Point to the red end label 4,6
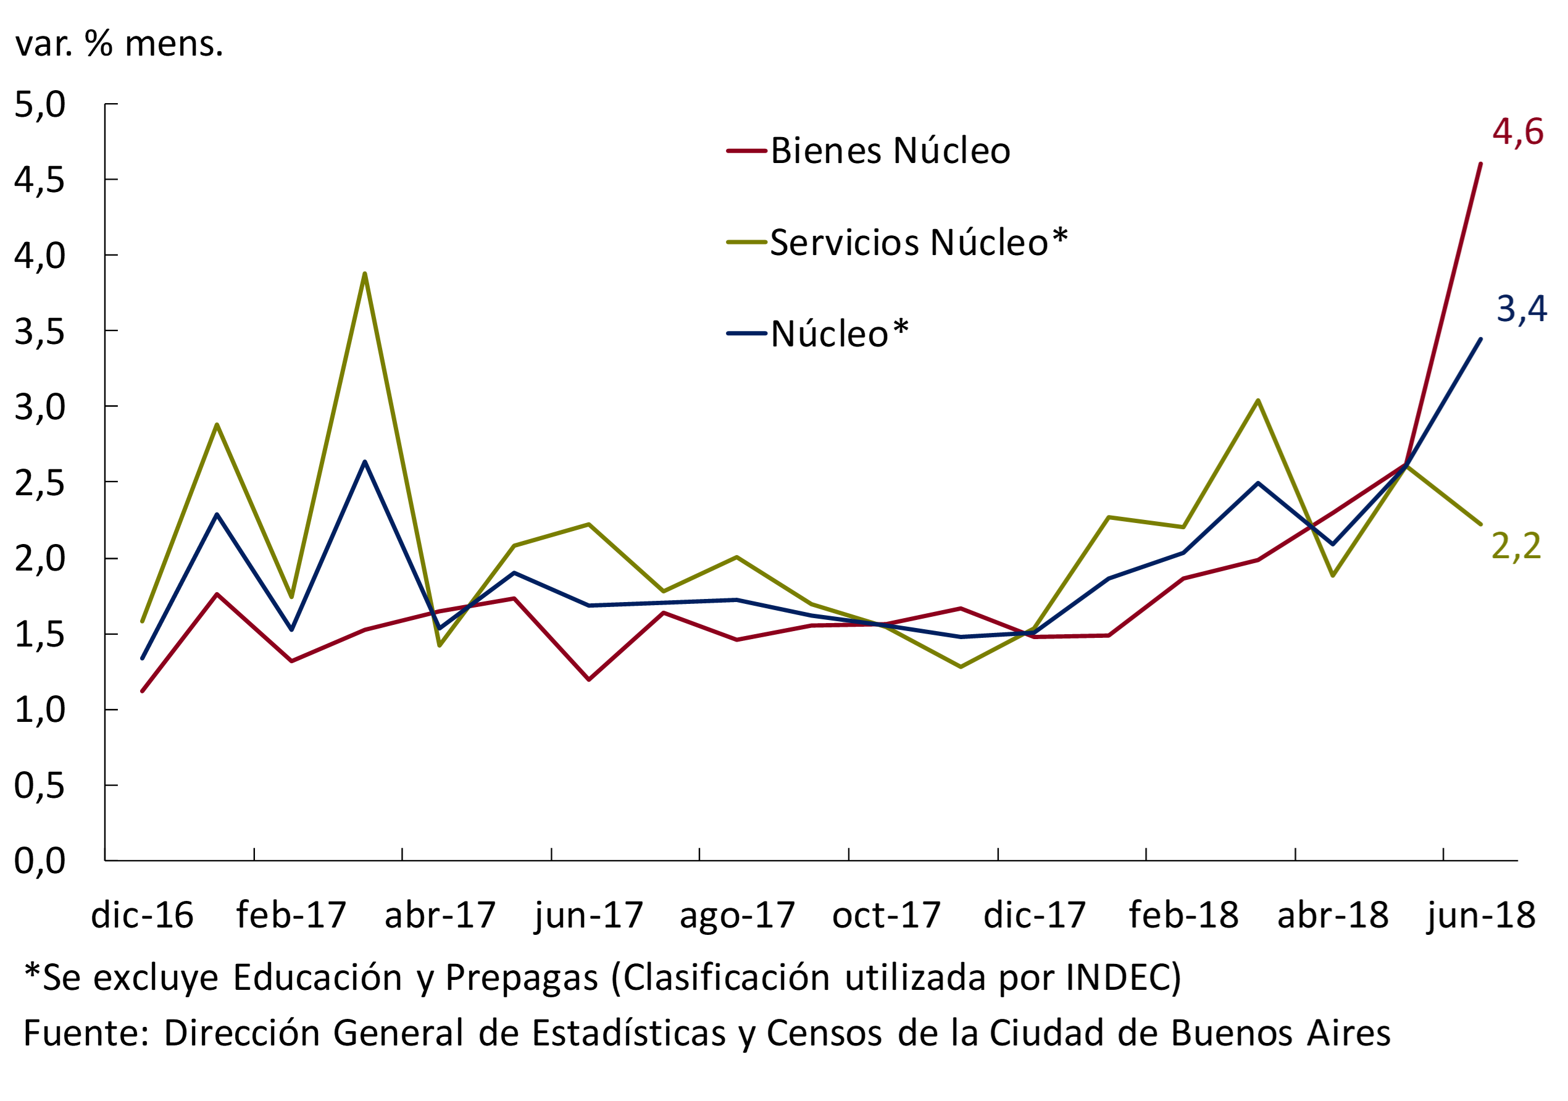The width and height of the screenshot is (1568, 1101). pos(1517,132)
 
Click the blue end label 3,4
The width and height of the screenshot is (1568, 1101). pos(1521,309)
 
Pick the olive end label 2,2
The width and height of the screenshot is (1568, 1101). pos(1516,546)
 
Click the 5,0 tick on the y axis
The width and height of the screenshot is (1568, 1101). pos(40,104)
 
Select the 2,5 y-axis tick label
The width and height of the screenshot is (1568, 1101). pos(40,483)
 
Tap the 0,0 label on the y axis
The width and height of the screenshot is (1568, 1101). pos(40,861)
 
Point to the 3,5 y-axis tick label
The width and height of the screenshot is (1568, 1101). pos(40,331)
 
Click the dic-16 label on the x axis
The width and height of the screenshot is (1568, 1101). pos(142,915)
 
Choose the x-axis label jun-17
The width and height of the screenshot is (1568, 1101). pos(589,915)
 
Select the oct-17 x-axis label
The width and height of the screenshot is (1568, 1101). pos(886,915)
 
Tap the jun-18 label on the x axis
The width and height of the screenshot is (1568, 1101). pos(1480,915)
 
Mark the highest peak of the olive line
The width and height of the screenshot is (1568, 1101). pos(365,274)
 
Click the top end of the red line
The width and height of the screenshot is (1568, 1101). pos(1480,164)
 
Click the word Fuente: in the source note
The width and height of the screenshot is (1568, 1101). pos(86,1032)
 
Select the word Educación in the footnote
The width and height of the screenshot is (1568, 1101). pos(317,978)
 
